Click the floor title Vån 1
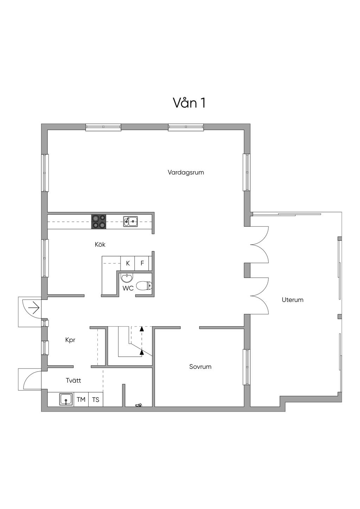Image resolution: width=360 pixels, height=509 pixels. coord(189,103)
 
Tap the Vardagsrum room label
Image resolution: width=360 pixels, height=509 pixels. coord(186,172)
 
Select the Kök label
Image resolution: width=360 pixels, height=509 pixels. coord(100,244)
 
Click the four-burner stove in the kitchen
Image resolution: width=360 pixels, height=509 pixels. coord(98,222)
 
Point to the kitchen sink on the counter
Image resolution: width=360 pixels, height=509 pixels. coord(130,221)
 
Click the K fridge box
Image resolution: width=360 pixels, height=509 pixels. coord(128,263)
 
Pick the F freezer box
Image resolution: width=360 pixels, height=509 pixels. coord(142,263)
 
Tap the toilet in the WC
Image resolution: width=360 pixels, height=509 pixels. coord(143,286)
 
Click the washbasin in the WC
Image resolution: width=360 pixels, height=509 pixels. coord(127,278)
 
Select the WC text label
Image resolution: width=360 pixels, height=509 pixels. coord(128,288)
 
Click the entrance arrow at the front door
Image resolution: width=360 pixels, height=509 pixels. coord(34,308)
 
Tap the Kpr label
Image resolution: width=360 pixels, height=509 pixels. coord(70,340)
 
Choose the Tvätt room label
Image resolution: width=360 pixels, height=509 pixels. coord(73,380)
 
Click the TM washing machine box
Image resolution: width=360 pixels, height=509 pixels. coord(81,400)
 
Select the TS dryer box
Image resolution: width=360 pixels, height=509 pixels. coord(96,400)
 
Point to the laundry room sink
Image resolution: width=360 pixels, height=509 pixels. coord(66,400)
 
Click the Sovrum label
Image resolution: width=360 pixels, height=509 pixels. coord(200,367)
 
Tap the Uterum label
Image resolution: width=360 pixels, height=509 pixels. coord(292,300)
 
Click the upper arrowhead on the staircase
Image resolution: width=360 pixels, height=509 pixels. coord(142,329)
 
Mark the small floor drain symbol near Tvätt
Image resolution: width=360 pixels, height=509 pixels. coord(139,405)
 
